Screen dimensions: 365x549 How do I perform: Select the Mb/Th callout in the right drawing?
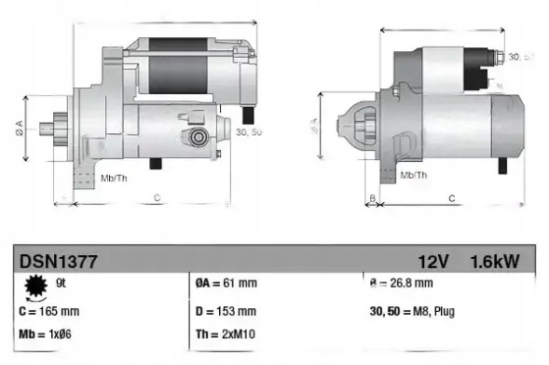[x=414, y=174]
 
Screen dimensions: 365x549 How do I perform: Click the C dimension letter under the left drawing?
[x=157, y=197]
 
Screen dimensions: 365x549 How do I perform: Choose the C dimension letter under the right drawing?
[x=451, y=197]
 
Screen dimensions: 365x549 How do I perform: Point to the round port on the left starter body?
[x=198, y=137]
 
